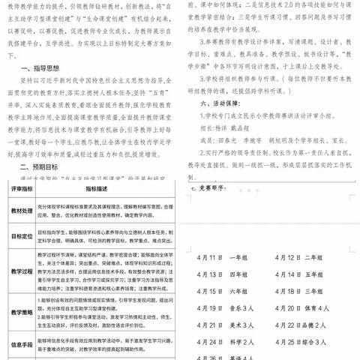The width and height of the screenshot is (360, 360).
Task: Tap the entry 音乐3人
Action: coord(241,308)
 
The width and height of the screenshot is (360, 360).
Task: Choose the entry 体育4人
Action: coord(317,308)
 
